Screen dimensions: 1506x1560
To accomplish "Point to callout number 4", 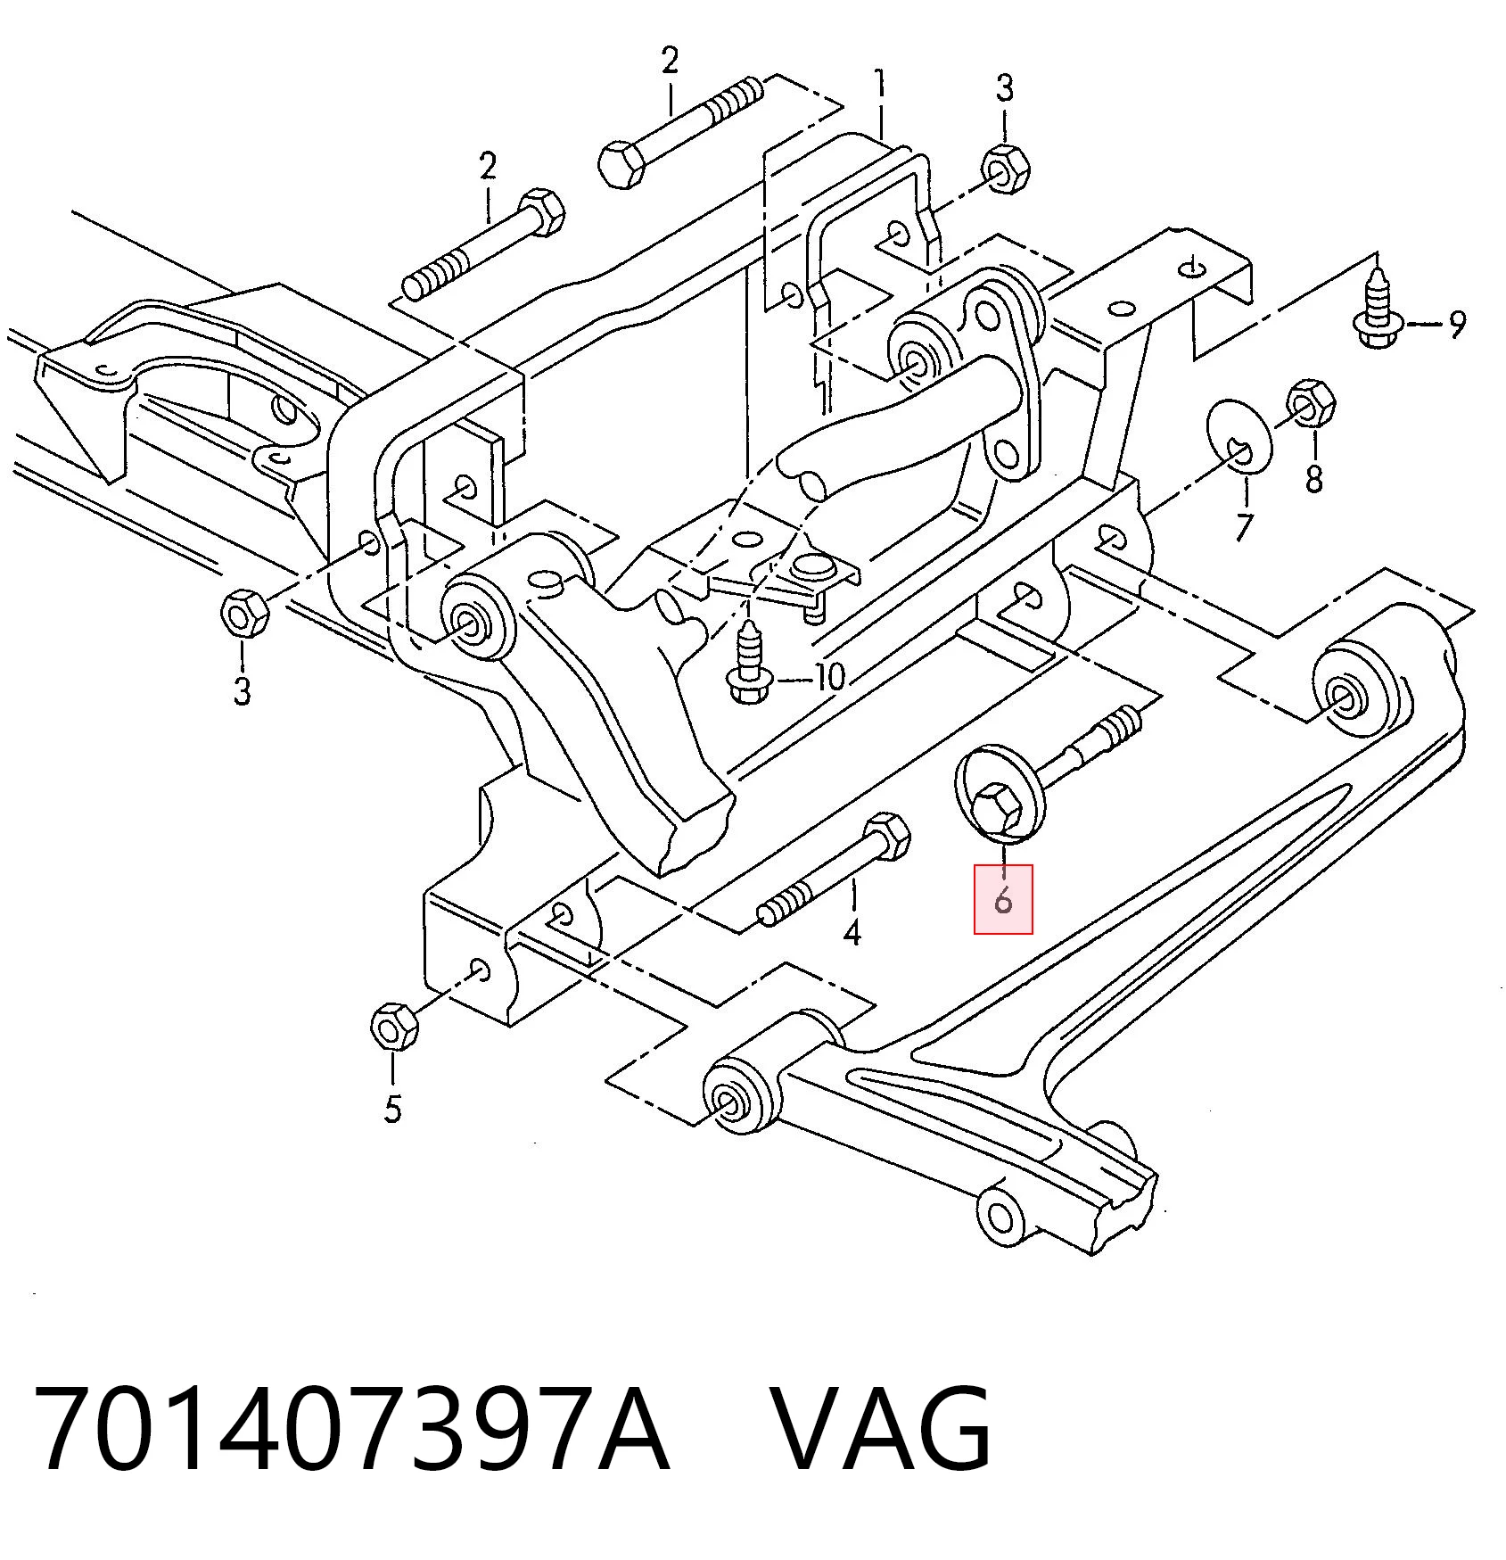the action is pos(852,933).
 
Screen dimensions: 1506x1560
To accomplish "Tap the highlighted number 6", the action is pos(1003,900).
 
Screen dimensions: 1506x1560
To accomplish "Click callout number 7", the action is pos(1243,528).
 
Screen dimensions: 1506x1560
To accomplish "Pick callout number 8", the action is pos(1314,479).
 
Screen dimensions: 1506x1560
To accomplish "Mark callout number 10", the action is pos(829,677).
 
